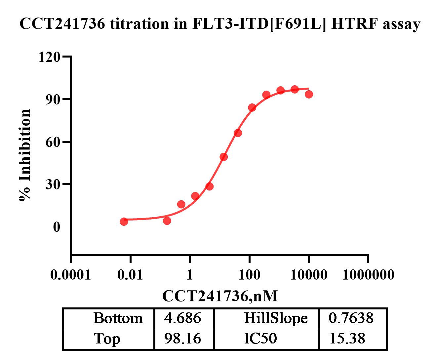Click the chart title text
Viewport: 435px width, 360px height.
pyautogui.click(x=220, y=24)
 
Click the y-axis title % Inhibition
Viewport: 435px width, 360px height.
pyautogui.click(x=25, y=155)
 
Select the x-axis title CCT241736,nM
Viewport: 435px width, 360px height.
pyautogui.click(x=220, y=296)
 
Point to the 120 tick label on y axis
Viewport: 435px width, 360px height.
pyautogui.click(x=49, y=57)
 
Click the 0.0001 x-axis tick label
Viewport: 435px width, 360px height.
pyautogui.click(x=71, y=274)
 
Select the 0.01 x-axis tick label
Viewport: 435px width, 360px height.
pyautogui.click(x=131, y=274)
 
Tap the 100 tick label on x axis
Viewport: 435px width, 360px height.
pyautogui.click(x=249, y=274)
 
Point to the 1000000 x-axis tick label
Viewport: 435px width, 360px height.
pyautogui.click(x=368, y=274)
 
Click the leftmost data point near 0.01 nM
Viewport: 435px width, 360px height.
pyautogui.click(x=124, y=221)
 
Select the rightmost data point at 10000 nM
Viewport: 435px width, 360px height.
pyautogui.click(x=309, y=95)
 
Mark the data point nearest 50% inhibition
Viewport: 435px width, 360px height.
pyautogui.click(x=224, y=157)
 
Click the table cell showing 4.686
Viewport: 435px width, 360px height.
pyautogui.click(x=183, y=318)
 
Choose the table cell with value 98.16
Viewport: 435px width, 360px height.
pyautogui.click(x=183, y=339)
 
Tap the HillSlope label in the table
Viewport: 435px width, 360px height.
pyautogui.click(x=276, y=318)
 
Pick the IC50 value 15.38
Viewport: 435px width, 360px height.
pyautogui.click(x=347, y=339)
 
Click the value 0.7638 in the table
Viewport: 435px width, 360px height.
pyautogui.click(x=351, y=318)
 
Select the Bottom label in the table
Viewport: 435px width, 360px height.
pyautogui.click(x=118, y=318)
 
